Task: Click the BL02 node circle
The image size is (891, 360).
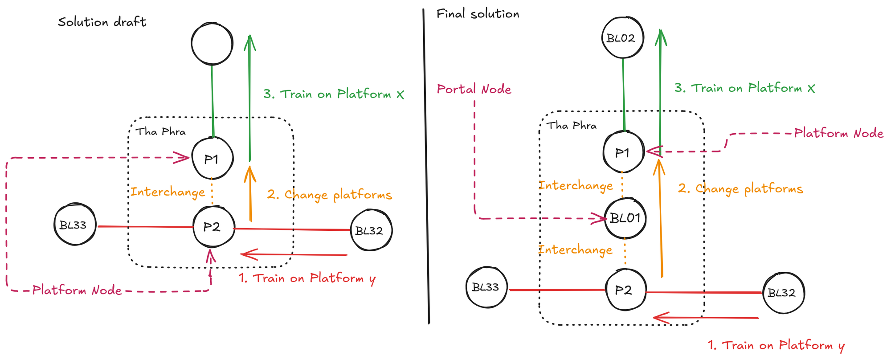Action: pyautogui.click(x=621, y=38)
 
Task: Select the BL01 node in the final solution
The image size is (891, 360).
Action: pyautogui.click(x=625, y=218)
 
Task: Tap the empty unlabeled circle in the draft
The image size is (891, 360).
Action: pyautogui.click(x=212, y=44)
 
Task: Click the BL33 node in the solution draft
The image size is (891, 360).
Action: pyautogui.click(x=74, y=225)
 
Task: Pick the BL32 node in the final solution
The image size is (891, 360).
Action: pyautogui.click(x=783, y=293)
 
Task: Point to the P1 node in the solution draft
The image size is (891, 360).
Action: pyautogui.click(x=213, y=159)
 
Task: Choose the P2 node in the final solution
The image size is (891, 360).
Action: pyautogui.click(x=625, y=290)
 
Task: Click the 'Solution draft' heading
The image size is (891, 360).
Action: pyautogui.click(x=102, y=22)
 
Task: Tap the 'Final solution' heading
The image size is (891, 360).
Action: pyautogui.click(x=478, y=14)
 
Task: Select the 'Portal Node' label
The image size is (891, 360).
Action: pyautogui.click(x=474, y=90)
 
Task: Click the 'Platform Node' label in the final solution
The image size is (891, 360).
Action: pyautogui.click(x=838, y=133)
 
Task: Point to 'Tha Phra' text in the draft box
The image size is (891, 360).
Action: pyautogui.click(x=160, y=132)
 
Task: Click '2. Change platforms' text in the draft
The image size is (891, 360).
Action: pyautogui.click(x=329, y=195)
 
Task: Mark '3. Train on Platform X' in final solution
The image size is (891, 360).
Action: pyautogui.click(x=744, y=88)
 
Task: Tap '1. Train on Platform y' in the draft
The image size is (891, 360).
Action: pyautogui.click(x=307, y=278)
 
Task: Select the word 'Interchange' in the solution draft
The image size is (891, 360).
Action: pyautogui.click(x=168, y=192)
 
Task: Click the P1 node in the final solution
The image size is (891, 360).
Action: pyautogui.click(x=623, y=152)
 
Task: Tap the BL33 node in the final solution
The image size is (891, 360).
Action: pyautogui.click(x=486, y=287)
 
